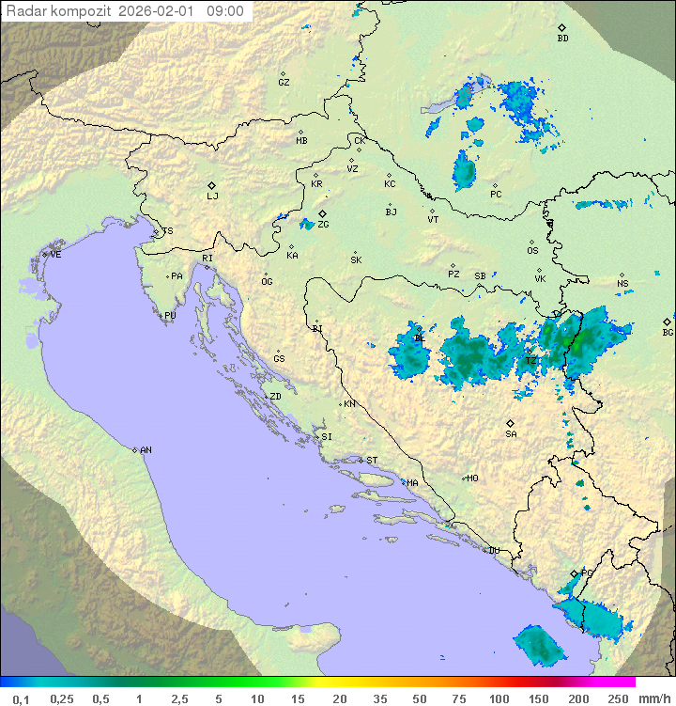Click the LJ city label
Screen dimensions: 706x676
point(212,196)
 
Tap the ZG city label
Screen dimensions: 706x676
point(323,225)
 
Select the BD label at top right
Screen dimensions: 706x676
point(562,39)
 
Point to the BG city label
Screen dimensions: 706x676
point(668,332)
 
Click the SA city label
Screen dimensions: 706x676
point(511,433)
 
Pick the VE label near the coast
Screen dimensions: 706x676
point(55,255)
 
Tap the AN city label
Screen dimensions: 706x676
point(146,450)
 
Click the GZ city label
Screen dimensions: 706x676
point(284,82)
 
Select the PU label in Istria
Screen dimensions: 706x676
point(170,316)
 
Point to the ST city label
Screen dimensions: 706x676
point(372,461)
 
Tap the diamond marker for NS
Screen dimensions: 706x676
point(621,275)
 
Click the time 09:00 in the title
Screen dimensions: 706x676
point(225,11)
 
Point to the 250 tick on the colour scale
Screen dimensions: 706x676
point(618,698)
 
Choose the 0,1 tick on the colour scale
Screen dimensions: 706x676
point(21,698)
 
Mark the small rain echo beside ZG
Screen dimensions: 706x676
point(306,225)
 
